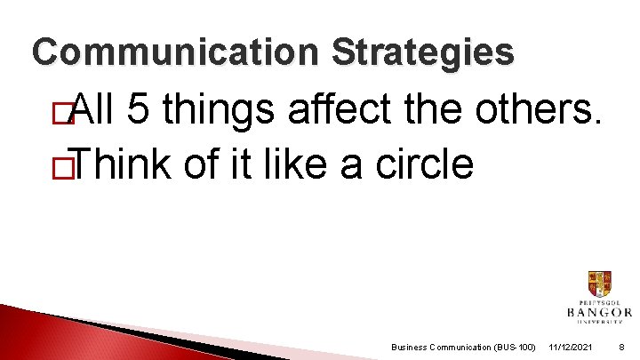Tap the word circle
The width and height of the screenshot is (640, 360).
tap(425, 164)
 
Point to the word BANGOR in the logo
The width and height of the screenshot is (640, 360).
tap(599, 313)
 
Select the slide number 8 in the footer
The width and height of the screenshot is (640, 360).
tap(623, 346)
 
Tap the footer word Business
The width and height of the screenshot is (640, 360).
tap(410, 346)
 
